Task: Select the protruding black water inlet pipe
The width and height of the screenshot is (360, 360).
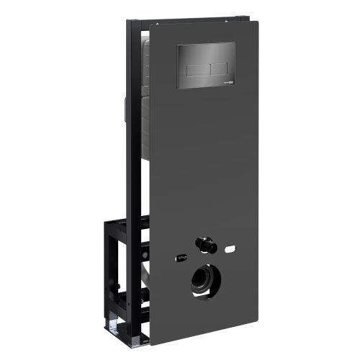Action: [207, 246]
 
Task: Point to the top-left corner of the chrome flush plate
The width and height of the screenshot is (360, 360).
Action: [178, 45]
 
